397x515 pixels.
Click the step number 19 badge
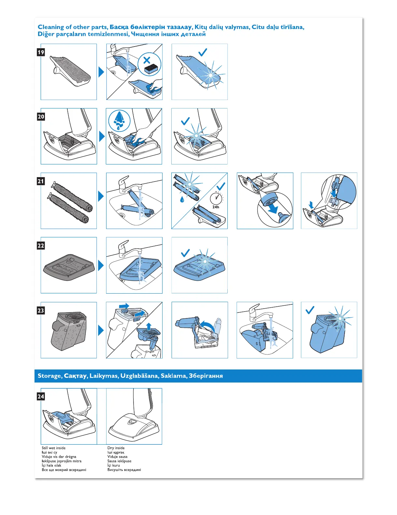(x=41, y=52)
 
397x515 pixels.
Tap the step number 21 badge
(x=41, y=181)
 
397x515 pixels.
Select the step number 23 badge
(x=41, y=310)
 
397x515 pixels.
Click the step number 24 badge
(x=41, y=396)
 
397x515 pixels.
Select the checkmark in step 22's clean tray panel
(x=185, y=253)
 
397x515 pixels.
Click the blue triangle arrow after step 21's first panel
(x=101, y=196)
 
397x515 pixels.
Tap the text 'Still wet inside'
(x=54, y=448)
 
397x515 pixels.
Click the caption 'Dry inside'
(x=116, y=448)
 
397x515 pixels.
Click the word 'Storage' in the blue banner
(x=50, y=376)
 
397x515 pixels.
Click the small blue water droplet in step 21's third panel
(x=182, y=199)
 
